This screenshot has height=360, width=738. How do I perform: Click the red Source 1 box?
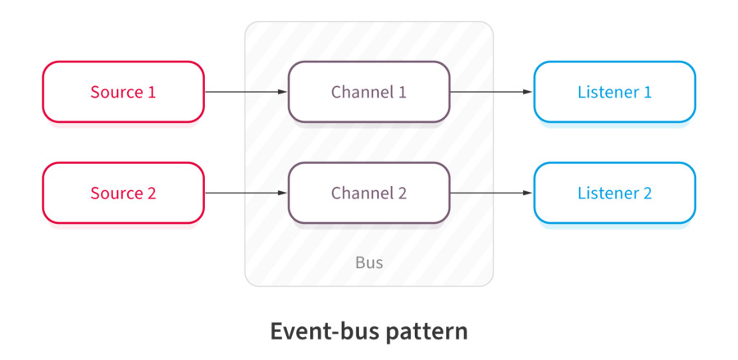(123, 92)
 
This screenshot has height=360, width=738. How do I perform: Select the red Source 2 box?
(123, 194)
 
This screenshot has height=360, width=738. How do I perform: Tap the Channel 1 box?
(369, 92)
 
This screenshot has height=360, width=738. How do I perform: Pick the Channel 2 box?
(369, 194)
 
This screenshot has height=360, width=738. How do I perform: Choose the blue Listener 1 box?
(614, 92)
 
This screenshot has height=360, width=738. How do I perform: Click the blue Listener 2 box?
(614, 194)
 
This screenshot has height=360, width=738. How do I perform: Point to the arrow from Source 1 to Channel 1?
(245, 92)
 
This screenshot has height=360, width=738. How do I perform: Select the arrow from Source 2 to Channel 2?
(245, 194)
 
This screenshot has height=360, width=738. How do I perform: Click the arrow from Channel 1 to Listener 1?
(491, 92)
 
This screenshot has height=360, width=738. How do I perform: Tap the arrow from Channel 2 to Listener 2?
(491, 194)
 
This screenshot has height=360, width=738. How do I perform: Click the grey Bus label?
(369, 263)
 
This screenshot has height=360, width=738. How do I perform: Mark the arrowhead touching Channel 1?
(283, 92)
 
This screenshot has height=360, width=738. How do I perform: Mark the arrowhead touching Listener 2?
(529, 194)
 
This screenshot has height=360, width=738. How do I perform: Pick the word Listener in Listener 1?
(607, 92)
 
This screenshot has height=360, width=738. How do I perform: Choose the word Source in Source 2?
(116, 194)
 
